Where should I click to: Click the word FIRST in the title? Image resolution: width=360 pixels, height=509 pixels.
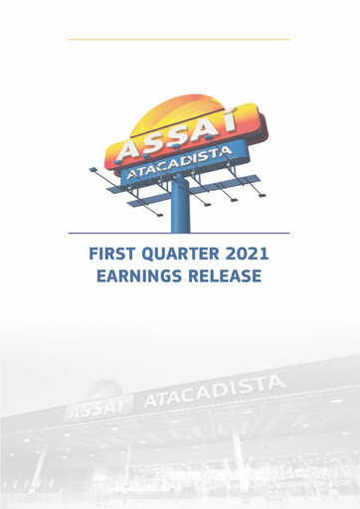[x=115, y=254]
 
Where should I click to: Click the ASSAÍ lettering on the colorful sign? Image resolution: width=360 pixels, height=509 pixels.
[x=178, y=138]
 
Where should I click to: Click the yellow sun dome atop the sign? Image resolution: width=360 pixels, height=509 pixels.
[x=184, y=108]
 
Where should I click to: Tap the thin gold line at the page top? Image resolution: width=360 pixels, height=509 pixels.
[x=179, y=39]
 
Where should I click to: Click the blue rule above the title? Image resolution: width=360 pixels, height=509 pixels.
[x=179, y=234]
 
